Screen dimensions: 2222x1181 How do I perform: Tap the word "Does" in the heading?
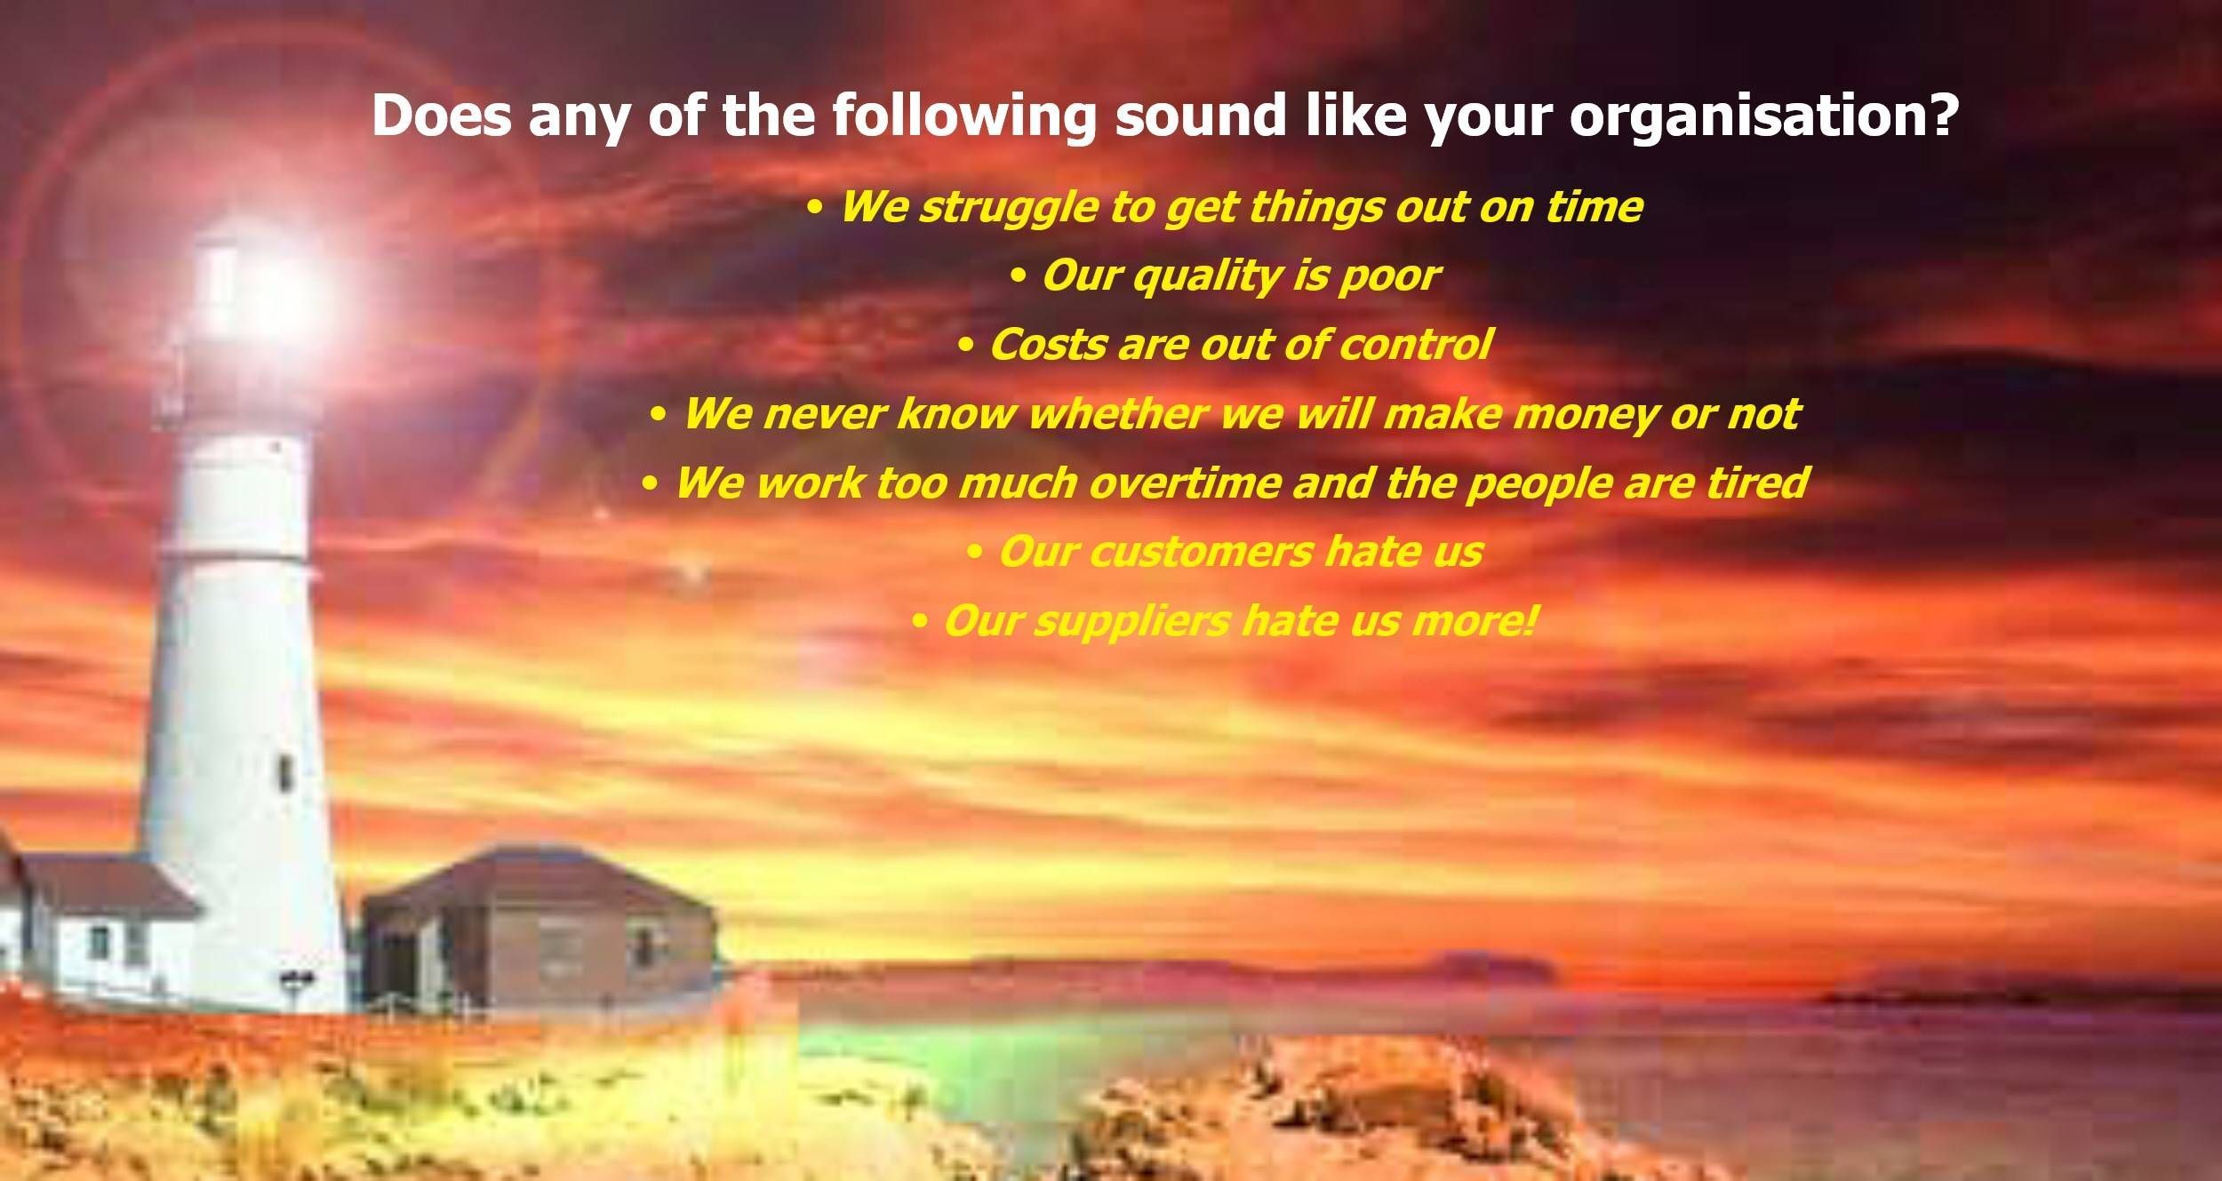coord(442,116)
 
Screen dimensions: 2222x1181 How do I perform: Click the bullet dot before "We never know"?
coord(659,415)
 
